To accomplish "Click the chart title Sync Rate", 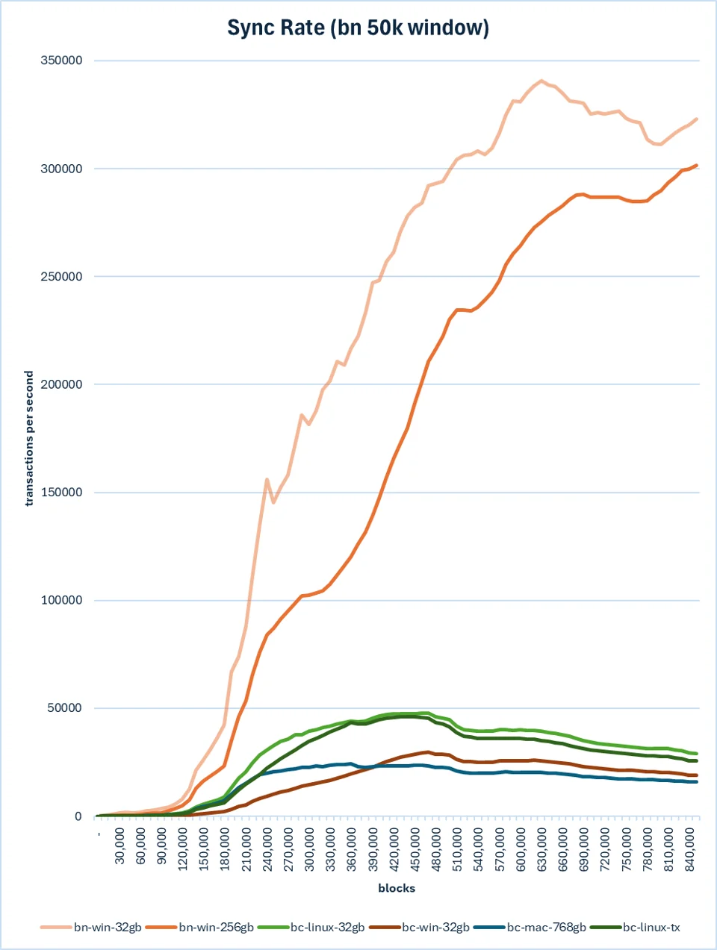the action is point(276,28).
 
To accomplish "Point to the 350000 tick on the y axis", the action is point(61,60).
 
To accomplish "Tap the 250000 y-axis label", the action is point(61,276).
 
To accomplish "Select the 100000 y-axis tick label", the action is point(61,600).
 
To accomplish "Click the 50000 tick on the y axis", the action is point(65,708).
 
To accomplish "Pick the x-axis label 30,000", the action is point(120,846).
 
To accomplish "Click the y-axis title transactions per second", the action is point(28,438).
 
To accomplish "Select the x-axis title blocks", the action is point(397,888).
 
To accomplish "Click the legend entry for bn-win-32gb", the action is point(91,927).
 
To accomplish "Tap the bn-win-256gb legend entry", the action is point(199,927).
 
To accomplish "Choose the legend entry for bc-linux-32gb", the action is point(311,927).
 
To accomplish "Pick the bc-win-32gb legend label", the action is point(419,927).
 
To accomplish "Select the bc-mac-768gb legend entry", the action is point(530,927).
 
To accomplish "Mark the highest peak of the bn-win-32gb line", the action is point(541,81).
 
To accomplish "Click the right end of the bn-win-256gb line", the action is point(696,165).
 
